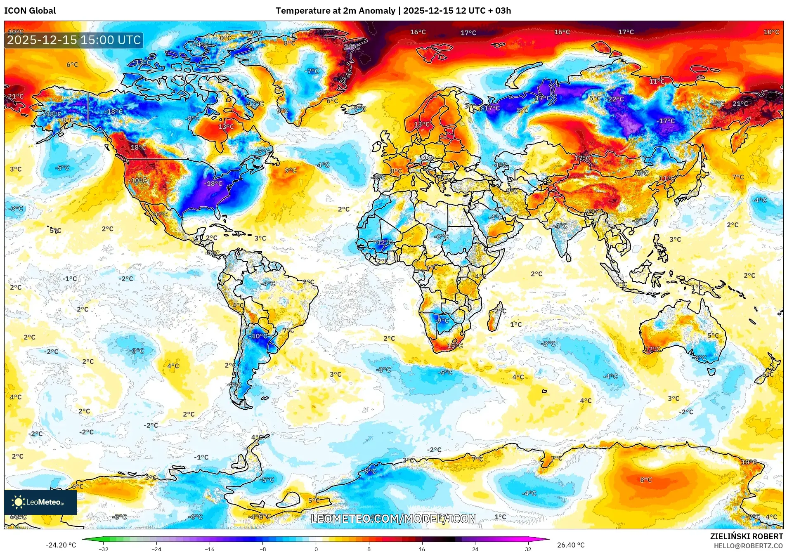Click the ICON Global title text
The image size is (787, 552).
point(30,11)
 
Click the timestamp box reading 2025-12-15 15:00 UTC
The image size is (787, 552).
point(74,40)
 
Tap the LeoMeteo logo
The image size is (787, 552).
point(40,502)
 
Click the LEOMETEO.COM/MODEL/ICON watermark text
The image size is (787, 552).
point(393,519)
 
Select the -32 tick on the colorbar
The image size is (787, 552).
point(104,549)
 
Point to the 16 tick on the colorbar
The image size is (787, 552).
point(422,549)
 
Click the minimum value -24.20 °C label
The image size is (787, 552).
point(61,545)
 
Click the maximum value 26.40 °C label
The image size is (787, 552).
point(571,545)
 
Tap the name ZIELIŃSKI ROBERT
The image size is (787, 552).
point(746,536)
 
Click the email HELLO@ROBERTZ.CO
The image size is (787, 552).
point(748,546)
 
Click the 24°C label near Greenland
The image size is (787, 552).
point(352,47)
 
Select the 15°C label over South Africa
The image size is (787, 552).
point(455,346)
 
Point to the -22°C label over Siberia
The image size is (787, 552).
point(615,99)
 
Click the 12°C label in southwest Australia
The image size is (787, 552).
point(652,349)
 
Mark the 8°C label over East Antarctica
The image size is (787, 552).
point(646,480)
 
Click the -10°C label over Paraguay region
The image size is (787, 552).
point(259,336)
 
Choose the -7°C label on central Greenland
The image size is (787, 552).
point(312,71)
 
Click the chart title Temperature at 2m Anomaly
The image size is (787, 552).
point(335,11)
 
